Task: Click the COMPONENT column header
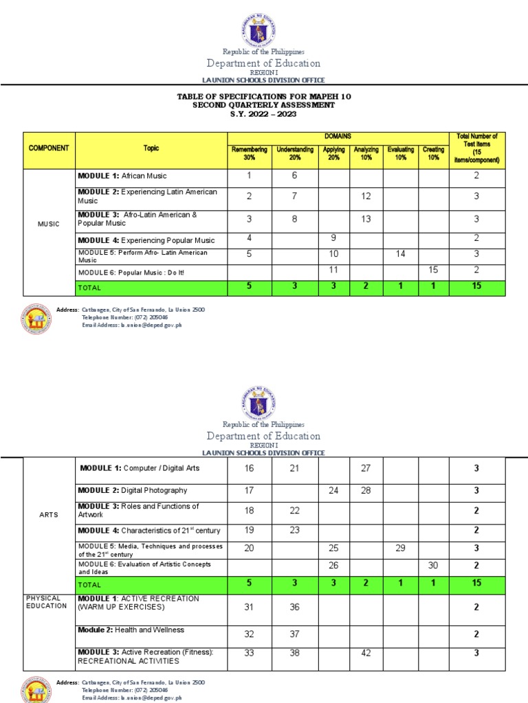(x=49, y=148)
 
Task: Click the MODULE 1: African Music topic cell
(x=122, y=176)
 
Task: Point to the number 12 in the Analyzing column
(x=366, y=196)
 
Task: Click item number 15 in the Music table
(x=433, y=270)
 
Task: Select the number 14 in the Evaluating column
(x=400, y=254)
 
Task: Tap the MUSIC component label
(x=49, y=224)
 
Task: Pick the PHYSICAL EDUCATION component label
(x=46, y=602)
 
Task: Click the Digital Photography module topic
(x=133, y=491)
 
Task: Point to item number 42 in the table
(x=366, y=654)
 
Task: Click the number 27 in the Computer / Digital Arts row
(x=366, y=468)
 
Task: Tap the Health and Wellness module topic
(x=131, y=630)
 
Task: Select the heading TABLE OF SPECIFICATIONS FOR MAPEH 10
(x=264, y=97)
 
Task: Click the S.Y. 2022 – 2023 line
(x=264, y=113)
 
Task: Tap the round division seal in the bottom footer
(x=36, y=689)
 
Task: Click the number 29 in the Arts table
(x=400, y=548)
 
